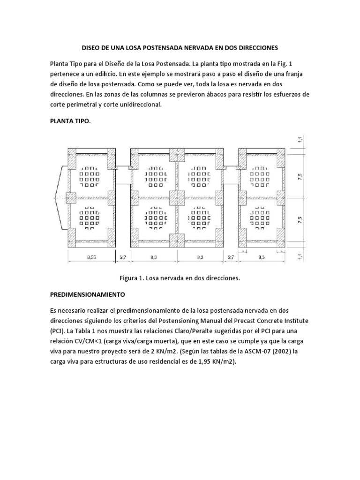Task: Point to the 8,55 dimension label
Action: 92,257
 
